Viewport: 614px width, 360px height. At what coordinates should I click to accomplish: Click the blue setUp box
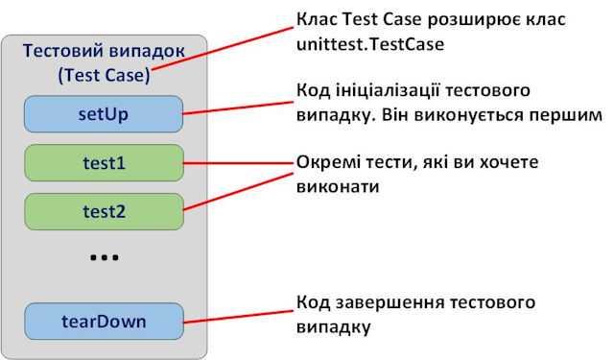[104, 114]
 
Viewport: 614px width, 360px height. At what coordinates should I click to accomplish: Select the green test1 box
[104, 162]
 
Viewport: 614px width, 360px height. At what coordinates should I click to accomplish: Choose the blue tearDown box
[104, 321]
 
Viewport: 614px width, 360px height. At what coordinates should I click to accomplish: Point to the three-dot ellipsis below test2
[104, 258]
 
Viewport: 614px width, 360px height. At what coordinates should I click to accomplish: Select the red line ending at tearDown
[240, 315]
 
